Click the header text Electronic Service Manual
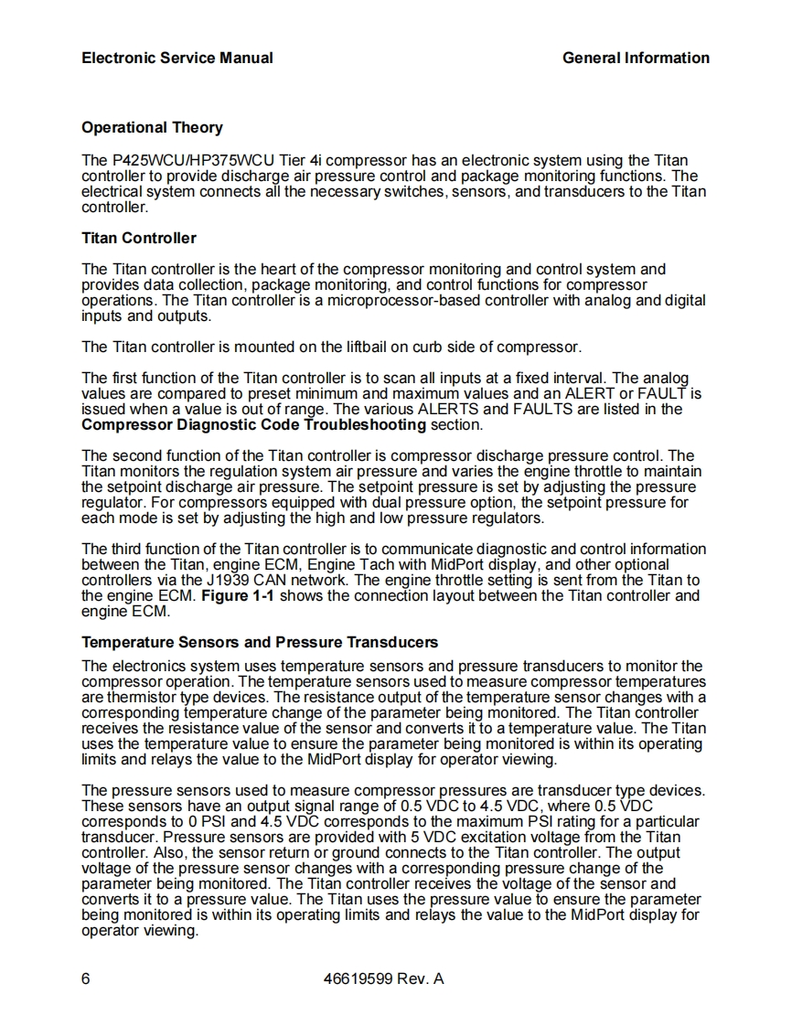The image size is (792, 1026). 177,58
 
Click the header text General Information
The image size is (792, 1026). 636,58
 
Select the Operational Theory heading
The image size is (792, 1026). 152,127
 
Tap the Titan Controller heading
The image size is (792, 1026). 139,238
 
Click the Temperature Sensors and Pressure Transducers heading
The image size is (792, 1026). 260,642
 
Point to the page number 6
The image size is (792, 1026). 86,979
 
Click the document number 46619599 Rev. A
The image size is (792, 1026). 384,979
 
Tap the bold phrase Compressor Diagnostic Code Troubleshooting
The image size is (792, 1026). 253,424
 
